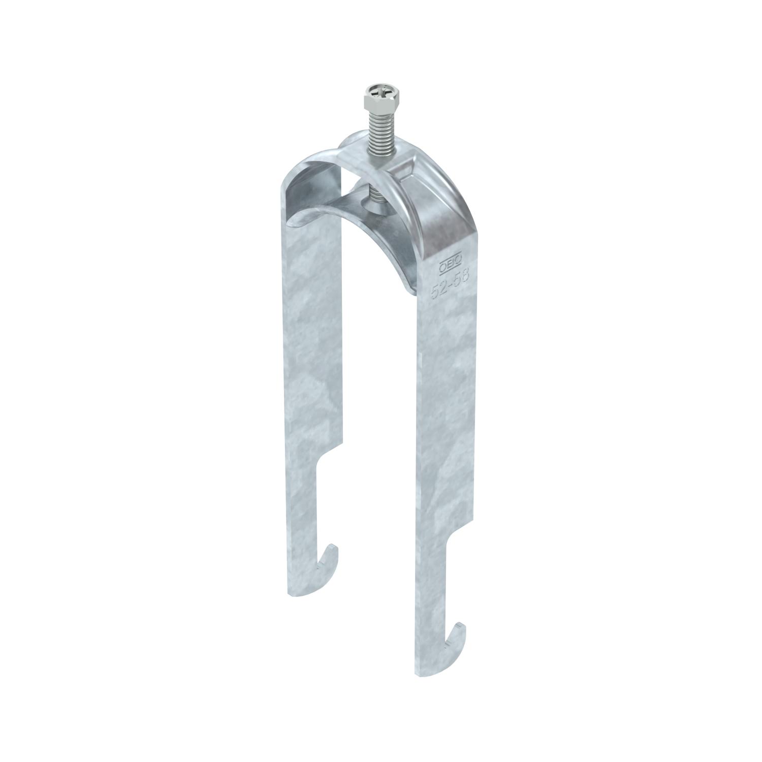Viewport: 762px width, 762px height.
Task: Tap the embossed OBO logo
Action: click(450, 263)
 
